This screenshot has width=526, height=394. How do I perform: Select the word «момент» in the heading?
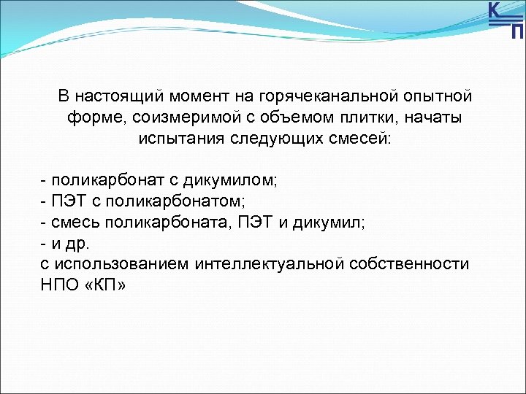click(200, 96)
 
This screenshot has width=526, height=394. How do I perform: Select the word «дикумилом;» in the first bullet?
click(232, 179)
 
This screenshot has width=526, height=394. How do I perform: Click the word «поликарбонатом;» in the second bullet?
click(183, 201)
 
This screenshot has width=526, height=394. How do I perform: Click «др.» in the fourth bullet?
click(76, 243)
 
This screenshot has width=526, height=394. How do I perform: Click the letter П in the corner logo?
click(517, 31)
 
